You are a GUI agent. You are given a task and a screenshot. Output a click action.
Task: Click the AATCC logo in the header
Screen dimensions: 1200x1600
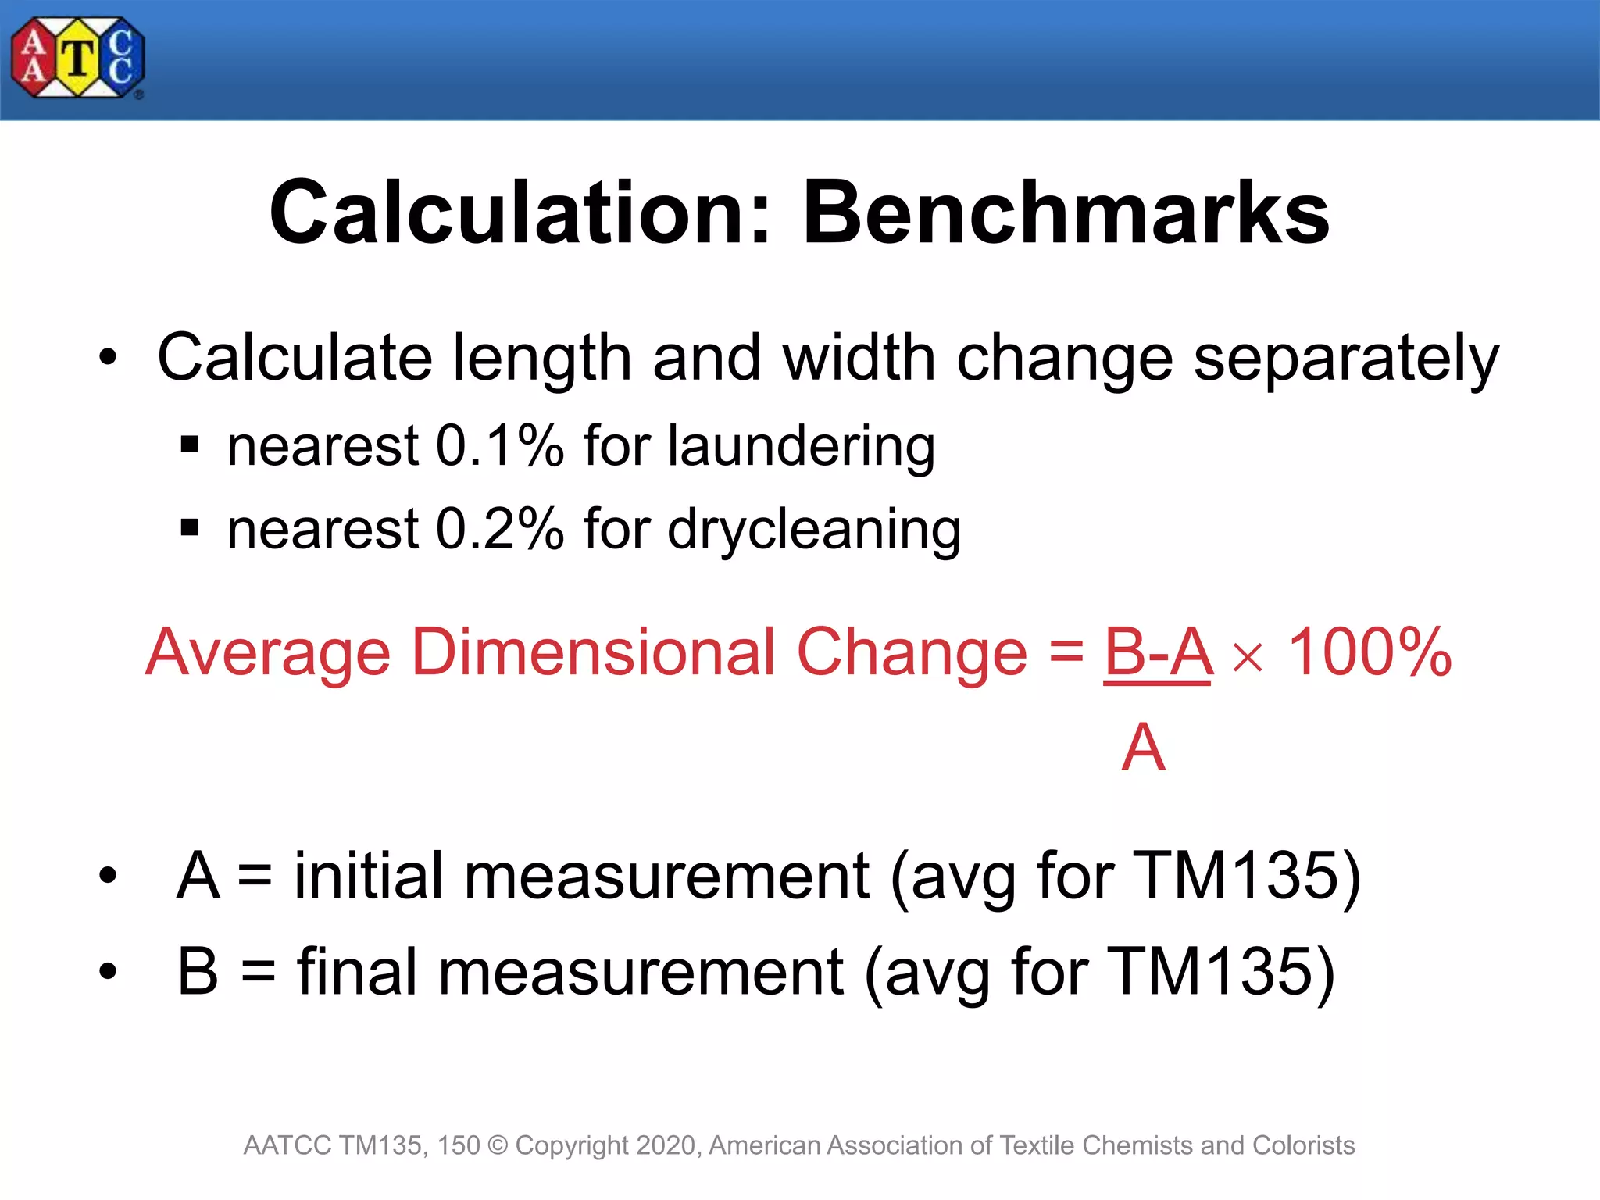77,59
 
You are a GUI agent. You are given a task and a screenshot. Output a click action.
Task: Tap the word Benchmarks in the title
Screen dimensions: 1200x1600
1066,213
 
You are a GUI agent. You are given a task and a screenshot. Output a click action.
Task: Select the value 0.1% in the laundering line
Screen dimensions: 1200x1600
499,446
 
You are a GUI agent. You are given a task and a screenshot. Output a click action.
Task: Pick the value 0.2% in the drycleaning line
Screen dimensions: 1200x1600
499,529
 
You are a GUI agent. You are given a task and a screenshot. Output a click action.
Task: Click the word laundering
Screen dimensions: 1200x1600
801,448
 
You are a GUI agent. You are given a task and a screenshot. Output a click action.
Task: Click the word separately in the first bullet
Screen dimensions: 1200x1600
1346,359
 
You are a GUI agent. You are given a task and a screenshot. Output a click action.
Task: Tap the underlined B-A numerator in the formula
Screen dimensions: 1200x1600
1158,653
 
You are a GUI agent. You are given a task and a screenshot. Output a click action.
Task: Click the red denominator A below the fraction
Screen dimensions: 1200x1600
1143,748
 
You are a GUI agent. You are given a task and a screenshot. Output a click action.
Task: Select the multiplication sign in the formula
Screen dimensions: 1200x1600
1247,657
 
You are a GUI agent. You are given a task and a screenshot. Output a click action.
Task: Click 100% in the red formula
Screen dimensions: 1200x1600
1370,652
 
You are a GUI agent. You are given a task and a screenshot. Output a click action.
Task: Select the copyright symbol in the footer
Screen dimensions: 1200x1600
498,1145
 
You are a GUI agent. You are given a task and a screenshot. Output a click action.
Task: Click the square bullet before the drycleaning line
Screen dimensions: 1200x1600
189,529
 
